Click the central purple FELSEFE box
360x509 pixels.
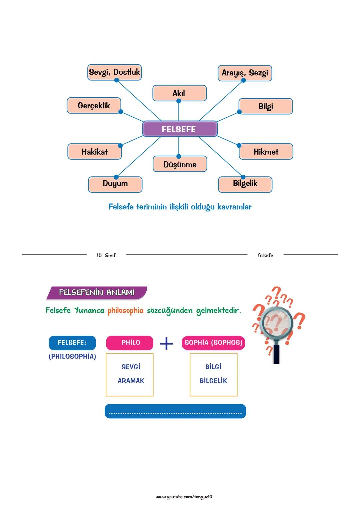(180, 129)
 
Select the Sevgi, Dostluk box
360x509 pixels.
(114, 72)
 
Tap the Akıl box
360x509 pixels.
(179, 93)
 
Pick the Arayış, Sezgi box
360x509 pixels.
(245, 73)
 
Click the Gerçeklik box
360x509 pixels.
(94, 105)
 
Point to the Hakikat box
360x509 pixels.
(94, 152)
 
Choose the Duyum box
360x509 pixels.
(115, 184)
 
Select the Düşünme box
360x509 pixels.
(180, 164)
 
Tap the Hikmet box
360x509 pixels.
(266, 152)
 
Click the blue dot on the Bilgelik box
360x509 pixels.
(243, 177)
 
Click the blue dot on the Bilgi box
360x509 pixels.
(239, 112)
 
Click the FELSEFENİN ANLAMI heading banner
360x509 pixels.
(97, 293)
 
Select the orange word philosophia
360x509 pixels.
(125, 311)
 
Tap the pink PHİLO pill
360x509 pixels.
(130, 343)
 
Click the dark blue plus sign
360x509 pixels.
(166, 343)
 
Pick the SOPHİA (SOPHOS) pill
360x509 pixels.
(213, 343)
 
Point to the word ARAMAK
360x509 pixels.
(131, 381)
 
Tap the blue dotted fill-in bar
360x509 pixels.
(175, 411)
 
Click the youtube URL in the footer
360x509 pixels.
(184, 497)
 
